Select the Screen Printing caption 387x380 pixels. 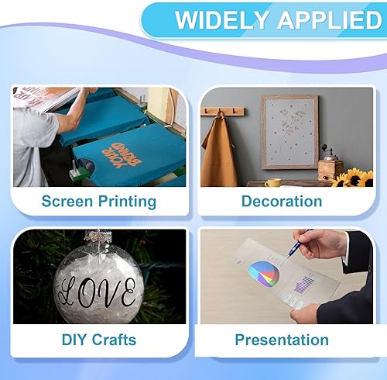pos(98,202)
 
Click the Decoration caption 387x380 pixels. pos(282,202)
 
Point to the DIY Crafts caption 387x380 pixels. pos(98,339)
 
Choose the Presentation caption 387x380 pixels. pos(282,340)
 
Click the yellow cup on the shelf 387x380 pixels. pos(273,183)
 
